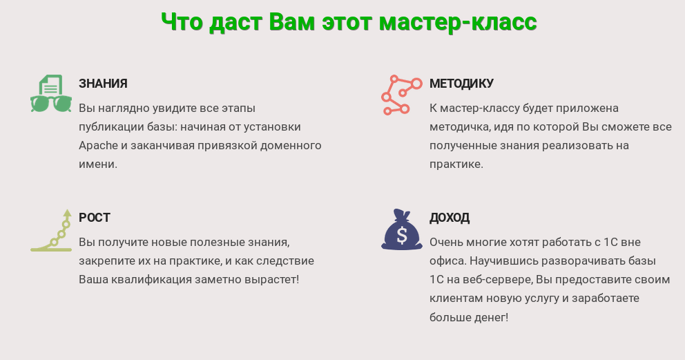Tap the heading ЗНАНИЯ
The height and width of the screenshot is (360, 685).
click(x=103, y=84)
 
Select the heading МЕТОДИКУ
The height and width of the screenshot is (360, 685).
click(x=461, y=84)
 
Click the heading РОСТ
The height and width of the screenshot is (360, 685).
click(x=95, y=218)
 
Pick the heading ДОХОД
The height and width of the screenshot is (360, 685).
click(x=450, y=218)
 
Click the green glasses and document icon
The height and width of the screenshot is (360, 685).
click(x=51, y=93)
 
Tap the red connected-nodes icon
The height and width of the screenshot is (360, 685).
click(x=401, y=95)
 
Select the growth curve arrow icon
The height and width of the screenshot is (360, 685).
click(x=52, y=230)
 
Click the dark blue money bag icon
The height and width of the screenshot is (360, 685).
click(x=401, y=229)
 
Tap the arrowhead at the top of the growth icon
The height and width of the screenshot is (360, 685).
click(x=67, y=213)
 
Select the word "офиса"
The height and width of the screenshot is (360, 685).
click(x=446, y=261)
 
